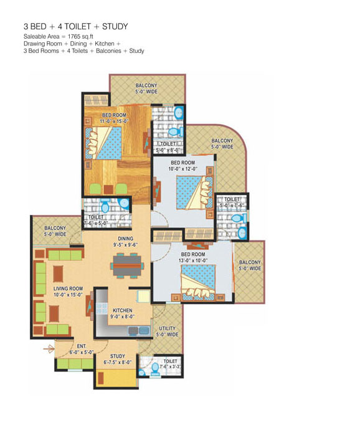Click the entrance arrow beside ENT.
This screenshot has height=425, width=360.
[x=49, y=349]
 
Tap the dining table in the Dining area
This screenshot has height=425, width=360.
[x=127, y=265]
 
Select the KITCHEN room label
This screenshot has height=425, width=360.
[x=123, y=310]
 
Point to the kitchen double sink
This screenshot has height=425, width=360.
[x=138, y=330]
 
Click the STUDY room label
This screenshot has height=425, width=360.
[x=118, y=356]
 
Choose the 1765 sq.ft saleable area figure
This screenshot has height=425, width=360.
[x=80, y=36]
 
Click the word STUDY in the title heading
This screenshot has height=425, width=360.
[x=115, y=27]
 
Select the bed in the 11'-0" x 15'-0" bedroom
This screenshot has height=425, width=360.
[x=103, y=143]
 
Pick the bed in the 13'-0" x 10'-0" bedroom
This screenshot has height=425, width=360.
[x=199, y=282]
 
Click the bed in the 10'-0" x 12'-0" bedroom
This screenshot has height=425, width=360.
[x=194, y=193]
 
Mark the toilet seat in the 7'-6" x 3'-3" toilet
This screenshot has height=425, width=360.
[x=155, y=369]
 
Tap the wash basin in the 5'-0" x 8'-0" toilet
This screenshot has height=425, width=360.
[x=179, y=113]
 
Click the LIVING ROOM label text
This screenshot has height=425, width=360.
[x=68, y=289]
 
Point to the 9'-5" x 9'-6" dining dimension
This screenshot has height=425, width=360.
[x=125, y=244]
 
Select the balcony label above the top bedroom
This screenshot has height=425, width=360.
[x=146, y=88]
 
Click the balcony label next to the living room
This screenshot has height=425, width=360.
[x=55, y=231]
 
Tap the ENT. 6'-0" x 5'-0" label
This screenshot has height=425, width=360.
[x=82, y=350]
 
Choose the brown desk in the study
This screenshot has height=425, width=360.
[x=101, y=378]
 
